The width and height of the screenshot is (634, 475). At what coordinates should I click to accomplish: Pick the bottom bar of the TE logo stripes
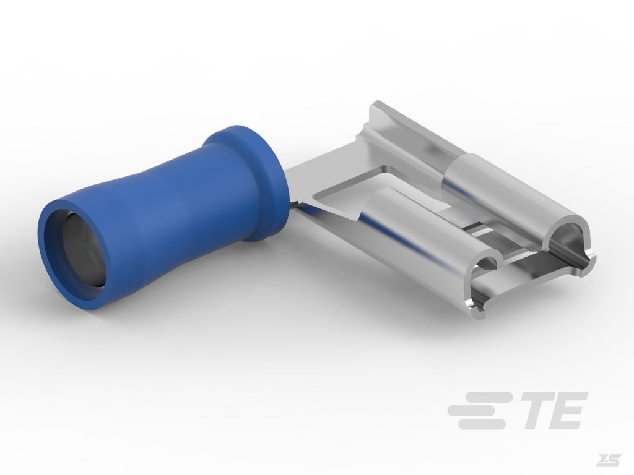[481, 424]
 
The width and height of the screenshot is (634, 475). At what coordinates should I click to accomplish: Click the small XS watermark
[610, 460]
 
